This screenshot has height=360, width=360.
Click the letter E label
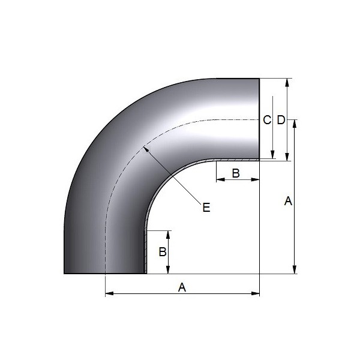point(206,208)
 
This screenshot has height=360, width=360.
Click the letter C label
point(267,120)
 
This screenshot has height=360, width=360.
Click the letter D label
point(281,120)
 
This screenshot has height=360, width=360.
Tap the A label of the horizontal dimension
point(182,287)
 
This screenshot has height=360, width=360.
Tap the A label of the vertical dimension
point(288,201)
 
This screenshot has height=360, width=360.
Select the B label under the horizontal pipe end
point(236,173)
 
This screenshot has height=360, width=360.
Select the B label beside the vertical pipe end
point(163,252)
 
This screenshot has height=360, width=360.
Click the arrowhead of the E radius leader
point(146,150)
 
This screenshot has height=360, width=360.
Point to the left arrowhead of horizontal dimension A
point(109,293)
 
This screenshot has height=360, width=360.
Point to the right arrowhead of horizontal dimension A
point(256,293)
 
